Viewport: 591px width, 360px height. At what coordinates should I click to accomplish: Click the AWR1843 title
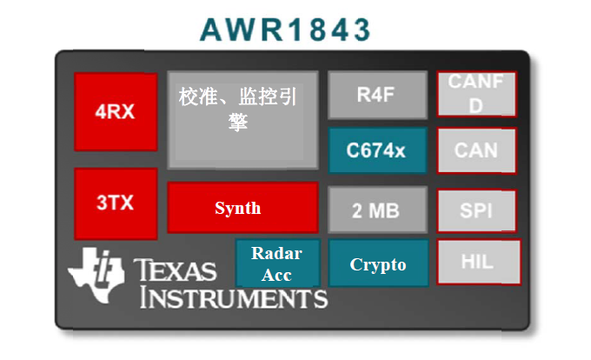[x=285, y=30]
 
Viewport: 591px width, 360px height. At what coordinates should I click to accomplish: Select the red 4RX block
[x=116, y=111]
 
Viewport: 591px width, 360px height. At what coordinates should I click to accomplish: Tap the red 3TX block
[x=116, y=203]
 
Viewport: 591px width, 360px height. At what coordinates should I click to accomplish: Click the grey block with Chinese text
[x=243, y=120]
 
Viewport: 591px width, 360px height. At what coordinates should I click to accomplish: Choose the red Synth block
[x=243, y=208]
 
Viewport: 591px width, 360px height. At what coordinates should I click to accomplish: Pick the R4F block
[x=378, y=95]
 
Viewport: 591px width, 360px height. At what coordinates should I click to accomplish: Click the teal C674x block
[x=378, y=150]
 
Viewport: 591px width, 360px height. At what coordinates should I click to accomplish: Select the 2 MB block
[x=378, y=210]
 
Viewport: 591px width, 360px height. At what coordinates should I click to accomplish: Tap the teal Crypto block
[x=378, y=263]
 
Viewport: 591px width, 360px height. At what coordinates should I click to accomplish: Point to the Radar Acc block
[x=278, y=263]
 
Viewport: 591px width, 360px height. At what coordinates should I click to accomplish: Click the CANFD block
[x=477, y=94]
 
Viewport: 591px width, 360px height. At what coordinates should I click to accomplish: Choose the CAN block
[x=476, y=150]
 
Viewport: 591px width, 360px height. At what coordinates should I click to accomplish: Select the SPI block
[x=476, y=210]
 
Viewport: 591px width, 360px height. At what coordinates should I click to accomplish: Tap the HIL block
[x=479, y=262]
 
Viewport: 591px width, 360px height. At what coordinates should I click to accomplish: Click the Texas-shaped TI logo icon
[x=96, y=275]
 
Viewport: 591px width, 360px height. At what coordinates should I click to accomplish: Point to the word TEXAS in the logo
[x=176, y=270]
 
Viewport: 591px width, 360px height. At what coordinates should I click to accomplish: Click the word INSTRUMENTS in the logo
[x=234, y=298]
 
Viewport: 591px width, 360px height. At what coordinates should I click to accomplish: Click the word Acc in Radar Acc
[x=276, y=275]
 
